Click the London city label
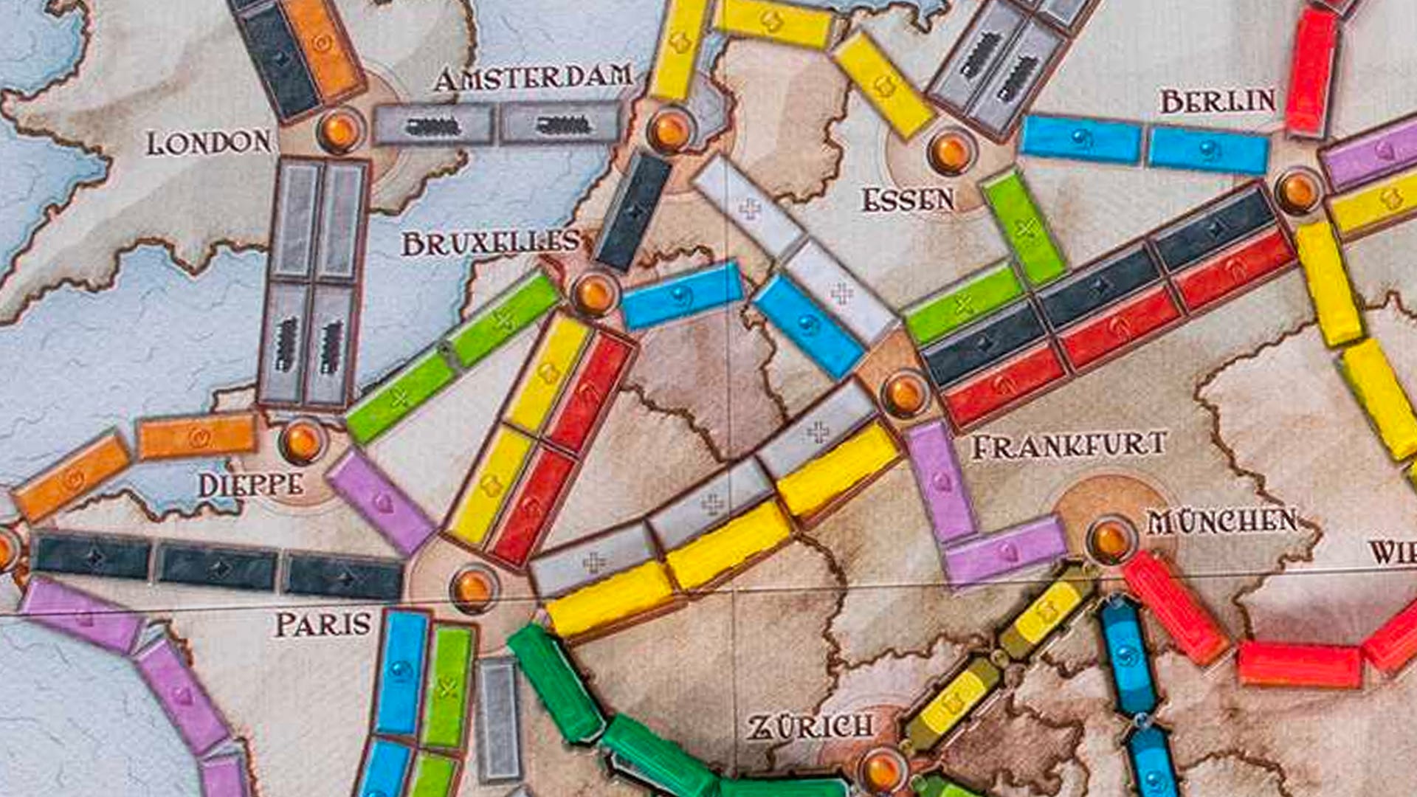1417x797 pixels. coord(209,142)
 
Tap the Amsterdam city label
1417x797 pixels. coord(533,78)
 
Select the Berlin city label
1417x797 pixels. coord(1218,101)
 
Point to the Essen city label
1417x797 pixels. coord(908,200)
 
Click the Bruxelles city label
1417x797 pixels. coord(491,243)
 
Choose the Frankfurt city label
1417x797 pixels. coord(1069,446)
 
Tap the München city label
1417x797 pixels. coord(1222,522)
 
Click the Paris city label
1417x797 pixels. coord(323,624)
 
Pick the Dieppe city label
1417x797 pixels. coord(250,485)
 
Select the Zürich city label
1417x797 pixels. coord(810,727)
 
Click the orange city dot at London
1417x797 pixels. coord(339,131)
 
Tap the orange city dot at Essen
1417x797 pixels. coord(951,151)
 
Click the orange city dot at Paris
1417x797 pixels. coord(473,588)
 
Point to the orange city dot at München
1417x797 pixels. coord(1110,539)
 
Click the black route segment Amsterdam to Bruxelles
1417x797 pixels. coord(633,211)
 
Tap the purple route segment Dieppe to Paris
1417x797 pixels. coord(382,501)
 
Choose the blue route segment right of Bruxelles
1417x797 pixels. coord(681,295)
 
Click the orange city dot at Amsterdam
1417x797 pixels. coord(670,131)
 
